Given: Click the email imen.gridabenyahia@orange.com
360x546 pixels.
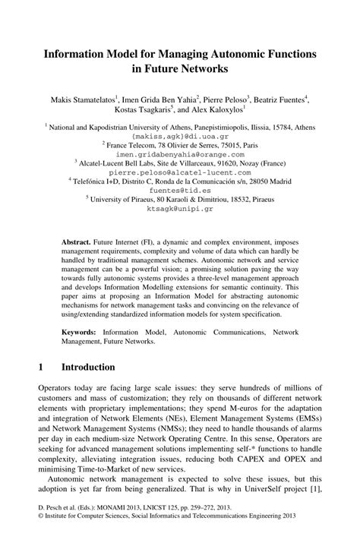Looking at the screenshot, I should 180,152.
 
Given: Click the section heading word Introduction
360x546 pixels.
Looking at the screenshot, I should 88,367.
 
